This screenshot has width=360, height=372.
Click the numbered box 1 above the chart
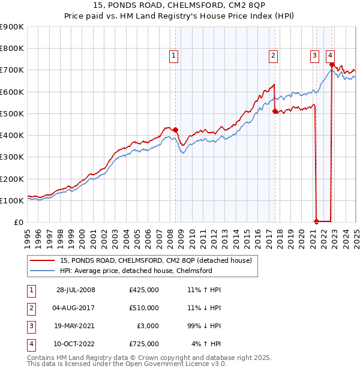(x=173, y=56)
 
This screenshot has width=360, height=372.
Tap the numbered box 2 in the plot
(x=273, y=56)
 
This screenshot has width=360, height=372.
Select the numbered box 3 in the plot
(x=314, y=56)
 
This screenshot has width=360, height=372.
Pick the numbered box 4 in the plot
(x=331, y=56)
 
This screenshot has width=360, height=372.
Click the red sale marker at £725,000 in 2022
(x=332, y=63)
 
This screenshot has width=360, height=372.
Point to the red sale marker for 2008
(x=176, y=130)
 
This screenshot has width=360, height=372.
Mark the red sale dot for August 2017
(x=275, y=111)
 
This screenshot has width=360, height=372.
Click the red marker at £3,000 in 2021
(x=316, y=221)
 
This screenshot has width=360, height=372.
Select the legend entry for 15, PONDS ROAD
(x=159, y=260)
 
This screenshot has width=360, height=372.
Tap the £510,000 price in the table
(x=144, y=308)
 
